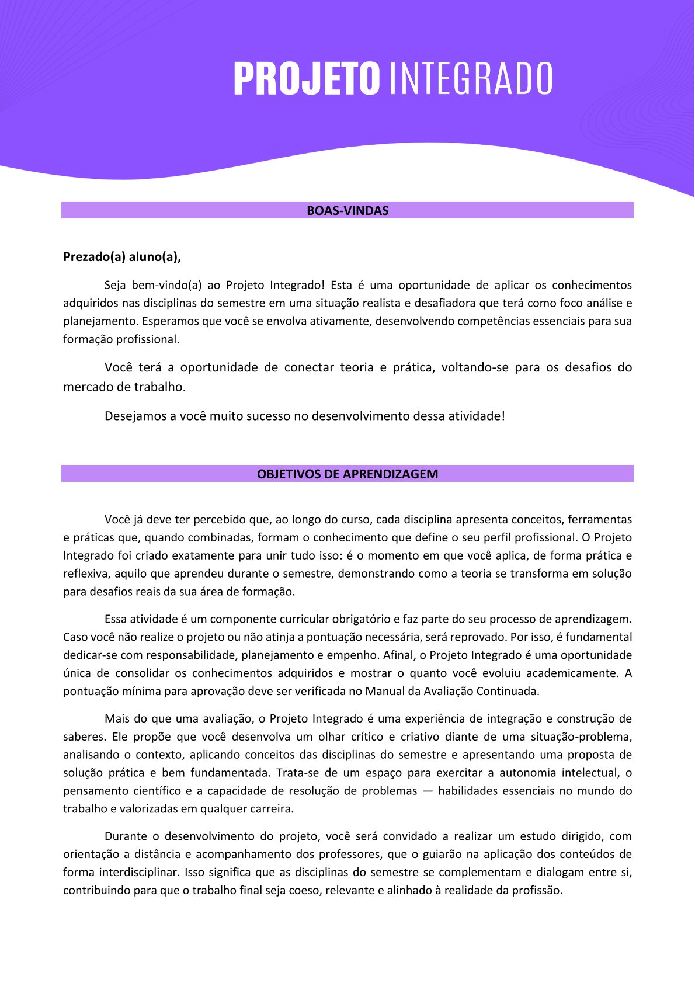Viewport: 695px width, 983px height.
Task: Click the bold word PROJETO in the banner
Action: tap(307, 79)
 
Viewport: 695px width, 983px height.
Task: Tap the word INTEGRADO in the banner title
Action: tap(470, 79)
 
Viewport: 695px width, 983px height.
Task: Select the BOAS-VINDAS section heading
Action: tap(347, 211)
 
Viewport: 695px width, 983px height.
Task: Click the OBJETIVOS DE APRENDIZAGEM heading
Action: tap(347, 474)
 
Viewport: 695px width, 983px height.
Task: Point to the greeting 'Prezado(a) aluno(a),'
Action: tap(122, 257)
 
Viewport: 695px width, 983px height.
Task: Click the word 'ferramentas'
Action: tap(600, 520)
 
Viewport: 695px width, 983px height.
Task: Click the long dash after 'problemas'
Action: tap(428, 791)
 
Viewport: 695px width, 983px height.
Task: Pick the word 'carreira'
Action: tap(270, 810)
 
